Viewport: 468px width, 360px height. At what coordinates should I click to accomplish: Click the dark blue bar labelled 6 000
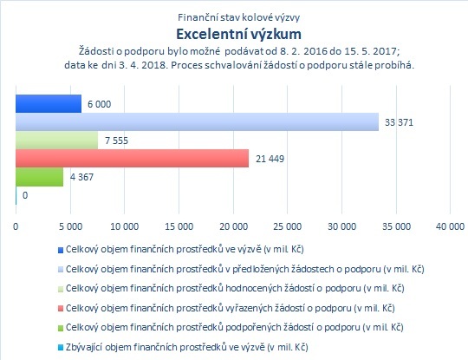click(x=49, y=104)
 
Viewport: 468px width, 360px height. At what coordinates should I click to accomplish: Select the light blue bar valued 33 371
click(x=198, y=122)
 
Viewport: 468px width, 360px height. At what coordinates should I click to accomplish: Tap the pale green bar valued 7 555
click(x=56, y=141)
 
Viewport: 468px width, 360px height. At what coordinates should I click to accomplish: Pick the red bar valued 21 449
click(x=133, y=159)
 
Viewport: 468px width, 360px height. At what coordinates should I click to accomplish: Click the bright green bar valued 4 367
click(x=39, y=177)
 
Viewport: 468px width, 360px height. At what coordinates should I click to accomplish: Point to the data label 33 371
click(x=399, y=122)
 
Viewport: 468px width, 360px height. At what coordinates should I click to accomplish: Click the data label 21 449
click(x=270, y=159)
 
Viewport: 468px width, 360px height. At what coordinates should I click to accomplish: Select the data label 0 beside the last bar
click(x=25, y=195)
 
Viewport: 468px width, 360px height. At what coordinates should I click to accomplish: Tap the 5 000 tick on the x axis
click(x=70, y=226)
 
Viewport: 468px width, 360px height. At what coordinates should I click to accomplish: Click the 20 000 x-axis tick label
click(x=234, y=226)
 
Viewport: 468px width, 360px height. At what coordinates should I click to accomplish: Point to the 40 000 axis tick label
click(x=450, y=226)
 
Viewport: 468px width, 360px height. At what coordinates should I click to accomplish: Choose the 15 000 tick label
click(x=179, y=226)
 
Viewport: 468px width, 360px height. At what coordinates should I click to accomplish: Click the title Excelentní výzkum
click(x=239, y=34)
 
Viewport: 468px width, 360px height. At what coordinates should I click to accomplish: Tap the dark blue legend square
click(x=61, y=250)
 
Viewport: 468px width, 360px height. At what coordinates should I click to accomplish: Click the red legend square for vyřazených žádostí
click(x=61, y=309)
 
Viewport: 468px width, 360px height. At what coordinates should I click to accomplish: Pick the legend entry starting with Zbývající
click(x=187, y=347)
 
